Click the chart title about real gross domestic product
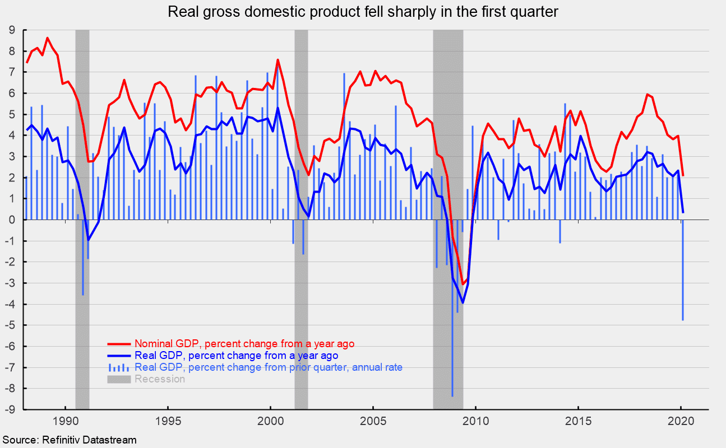point(363,12)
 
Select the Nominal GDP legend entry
point(244,343)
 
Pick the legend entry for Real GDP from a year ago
point(236,356)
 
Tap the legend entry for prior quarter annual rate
point(269,367)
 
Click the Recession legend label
point(159,379)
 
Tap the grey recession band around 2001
point(301,168)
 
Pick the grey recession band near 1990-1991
point(82,168)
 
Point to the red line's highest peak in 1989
point(48,38)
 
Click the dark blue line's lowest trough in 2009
point(463,302)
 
